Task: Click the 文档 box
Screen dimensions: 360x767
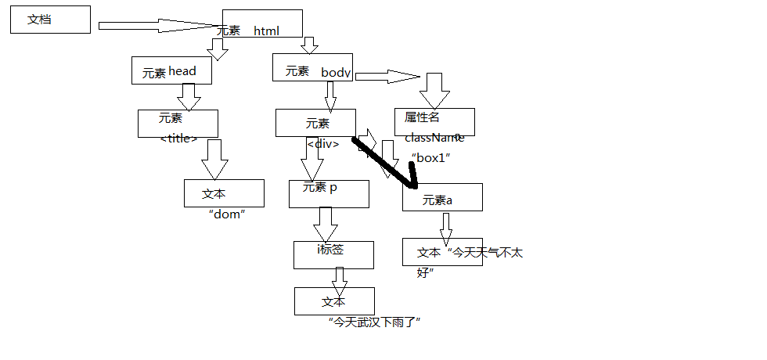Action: point(50,20)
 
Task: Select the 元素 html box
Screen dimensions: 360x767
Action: point(261,23)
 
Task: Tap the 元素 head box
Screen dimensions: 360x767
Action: point(172,70)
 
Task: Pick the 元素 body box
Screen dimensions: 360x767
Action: point(312,67)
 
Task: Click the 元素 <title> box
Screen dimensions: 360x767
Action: point(178,124)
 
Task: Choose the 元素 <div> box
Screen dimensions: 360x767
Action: point(315,123)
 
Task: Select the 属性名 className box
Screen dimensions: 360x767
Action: point(434,122)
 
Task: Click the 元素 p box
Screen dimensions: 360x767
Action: point(329,193)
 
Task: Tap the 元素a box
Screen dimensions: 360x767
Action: point(442,197)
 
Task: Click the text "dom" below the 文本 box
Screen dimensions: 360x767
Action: point(228,214)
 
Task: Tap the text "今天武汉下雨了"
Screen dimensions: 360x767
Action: point(376,322)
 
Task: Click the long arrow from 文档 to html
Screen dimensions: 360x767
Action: point(157,26)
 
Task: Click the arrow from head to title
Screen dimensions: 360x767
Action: point(189,96)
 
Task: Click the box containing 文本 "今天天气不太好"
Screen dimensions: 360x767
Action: point(442,252)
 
